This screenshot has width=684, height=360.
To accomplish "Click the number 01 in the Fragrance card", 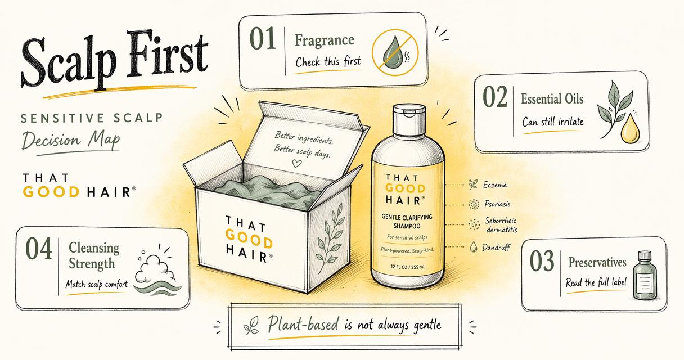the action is click(x=263, y=38).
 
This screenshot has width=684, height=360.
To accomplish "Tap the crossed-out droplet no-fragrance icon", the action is click(x=395, y=52).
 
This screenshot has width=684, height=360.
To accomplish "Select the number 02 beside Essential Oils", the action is click(x=495, y=97).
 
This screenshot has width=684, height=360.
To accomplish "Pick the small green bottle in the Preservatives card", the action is click(x=645, y=276).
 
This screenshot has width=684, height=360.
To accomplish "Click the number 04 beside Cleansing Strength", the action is click(x=38, y=249).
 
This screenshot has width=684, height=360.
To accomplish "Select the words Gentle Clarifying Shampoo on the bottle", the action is click(x=407, y=222).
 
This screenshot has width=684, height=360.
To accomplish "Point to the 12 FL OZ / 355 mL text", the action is click(x=408, y=267).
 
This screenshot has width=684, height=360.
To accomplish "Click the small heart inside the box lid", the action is click(x=296, y=164).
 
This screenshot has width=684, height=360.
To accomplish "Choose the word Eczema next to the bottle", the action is click(x=495, y=185).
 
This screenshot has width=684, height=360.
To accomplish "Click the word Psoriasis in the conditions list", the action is click(x=497, y=204).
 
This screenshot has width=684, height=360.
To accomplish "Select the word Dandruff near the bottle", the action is click(x=496, y=247).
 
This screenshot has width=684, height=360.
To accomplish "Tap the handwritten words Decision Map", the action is click(x=71, y=140).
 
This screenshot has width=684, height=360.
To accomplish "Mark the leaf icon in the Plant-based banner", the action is click(x=251, y=325).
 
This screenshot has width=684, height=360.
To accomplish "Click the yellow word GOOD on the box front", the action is click(x=249, y=239).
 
